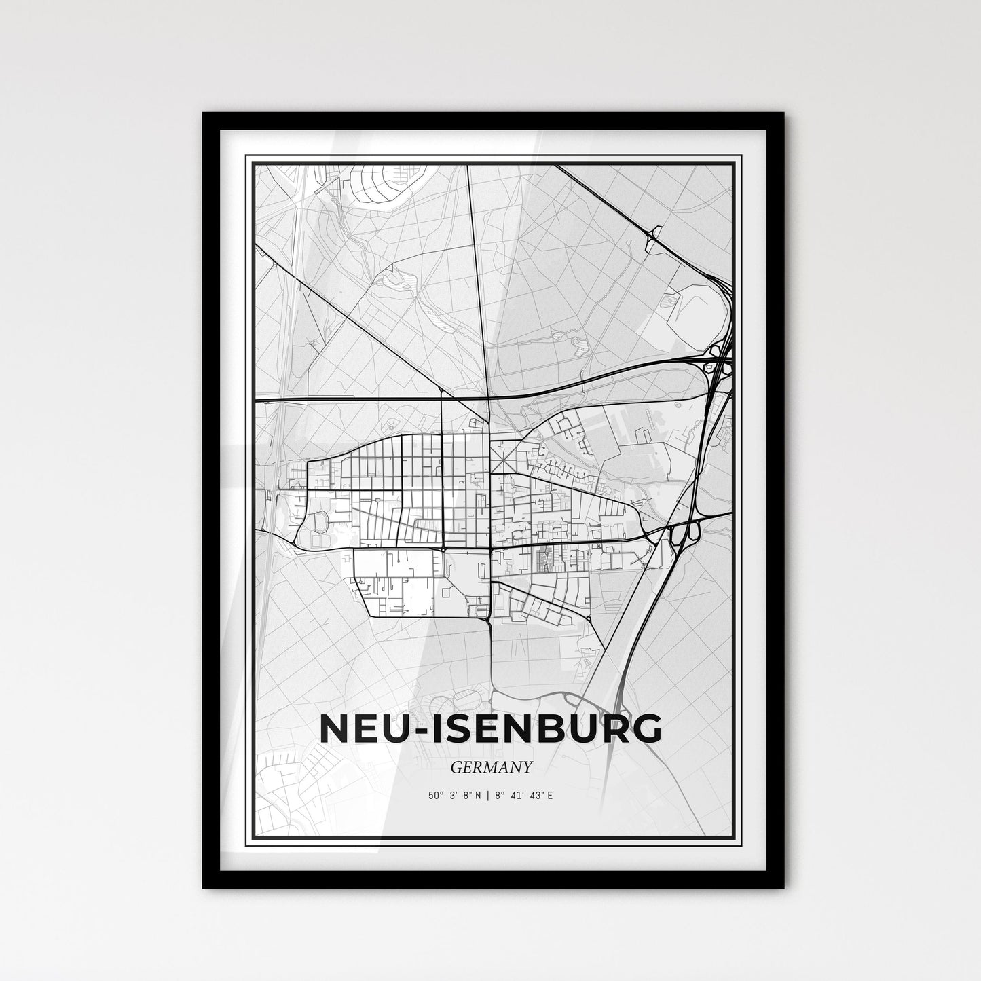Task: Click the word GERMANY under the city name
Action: (x=491, y=766)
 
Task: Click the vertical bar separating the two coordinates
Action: (x=491, y=794)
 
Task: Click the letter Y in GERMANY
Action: (x=525, y=766)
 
